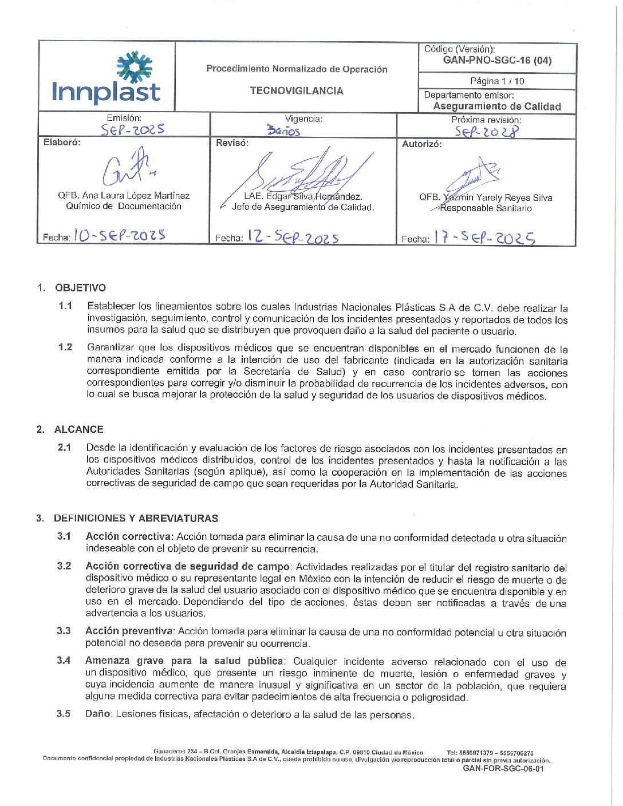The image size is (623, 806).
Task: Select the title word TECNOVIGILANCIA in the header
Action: pos(297,91)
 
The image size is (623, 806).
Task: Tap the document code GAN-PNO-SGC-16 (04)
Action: pos(497,61)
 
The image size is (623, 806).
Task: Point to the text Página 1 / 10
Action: pos(497,81)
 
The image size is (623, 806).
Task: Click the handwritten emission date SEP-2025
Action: pos(132,130)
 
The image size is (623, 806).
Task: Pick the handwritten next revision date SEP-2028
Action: pos(487,132)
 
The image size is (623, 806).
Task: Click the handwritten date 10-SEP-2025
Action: pos(120,235)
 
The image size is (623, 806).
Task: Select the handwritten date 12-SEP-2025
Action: pos(293,237)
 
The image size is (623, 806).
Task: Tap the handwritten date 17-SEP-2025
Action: pos(484,238)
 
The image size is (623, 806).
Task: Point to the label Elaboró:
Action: pos(62,143)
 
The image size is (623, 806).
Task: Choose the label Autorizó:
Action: pos(421,144)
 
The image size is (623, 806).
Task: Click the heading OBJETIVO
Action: pos(80,288)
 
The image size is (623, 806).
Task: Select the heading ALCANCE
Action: pos(78,429)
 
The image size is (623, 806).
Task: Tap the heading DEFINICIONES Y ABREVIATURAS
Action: pos(136,519)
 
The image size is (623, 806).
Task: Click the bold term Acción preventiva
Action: pos(129,631)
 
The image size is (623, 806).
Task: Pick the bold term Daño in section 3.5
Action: pos(98,714)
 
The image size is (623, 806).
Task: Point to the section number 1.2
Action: pos(65,347)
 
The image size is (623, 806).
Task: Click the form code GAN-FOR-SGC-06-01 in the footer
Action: pos(503,769)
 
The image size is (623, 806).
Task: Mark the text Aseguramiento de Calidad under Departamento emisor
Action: pos(497,106)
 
